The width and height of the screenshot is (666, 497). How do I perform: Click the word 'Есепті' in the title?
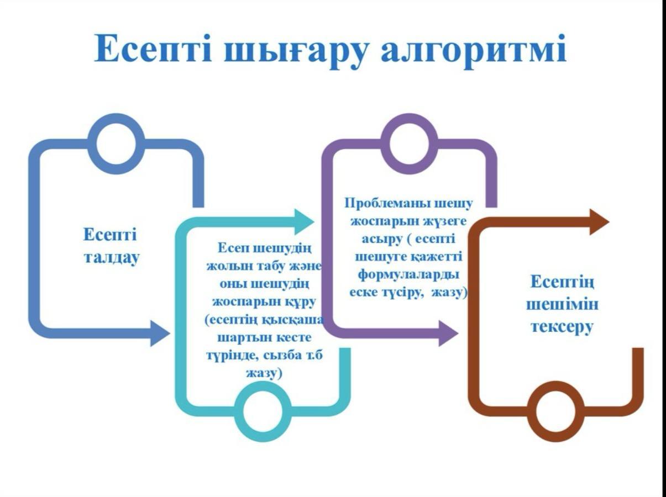coord(153,49)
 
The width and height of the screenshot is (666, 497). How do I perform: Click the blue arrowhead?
coord(160,334)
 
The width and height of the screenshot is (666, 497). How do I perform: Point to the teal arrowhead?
coord(305,222)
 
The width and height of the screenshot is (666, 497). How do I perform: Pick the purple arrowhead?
coord(448,334)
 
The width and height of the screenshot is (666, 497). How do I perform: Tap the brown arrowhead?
coord(600,222)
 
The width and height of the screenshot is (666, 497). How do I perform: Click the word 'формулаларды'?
coord(408,275)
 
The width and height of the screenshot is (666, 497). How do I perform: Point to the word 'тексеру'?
coord(562,327)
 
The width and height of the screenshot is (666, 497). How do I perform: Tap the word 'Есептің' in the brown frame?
coord(563,282)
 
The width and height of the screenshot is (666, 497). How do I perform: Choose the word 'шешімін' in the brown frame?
coord(562,304)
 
